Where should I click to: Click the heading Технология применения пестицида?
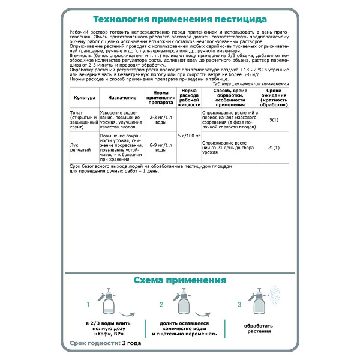click(179, 19)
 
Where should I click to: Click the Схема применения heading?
click(179, 280)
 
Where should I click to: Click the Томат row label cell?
click(80, 119)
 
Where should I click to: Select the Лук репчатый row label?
click(80, 147)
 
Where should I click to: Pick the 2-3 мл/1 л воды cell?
click(157, 119)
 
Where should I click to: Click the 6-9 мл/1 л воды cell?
click(157, 147)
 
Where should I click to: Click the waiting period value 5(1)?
click(274, 120)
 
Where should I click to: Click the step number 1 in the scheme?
click(88, 305)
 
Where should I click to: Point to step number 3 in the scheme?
click(239, 305)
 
